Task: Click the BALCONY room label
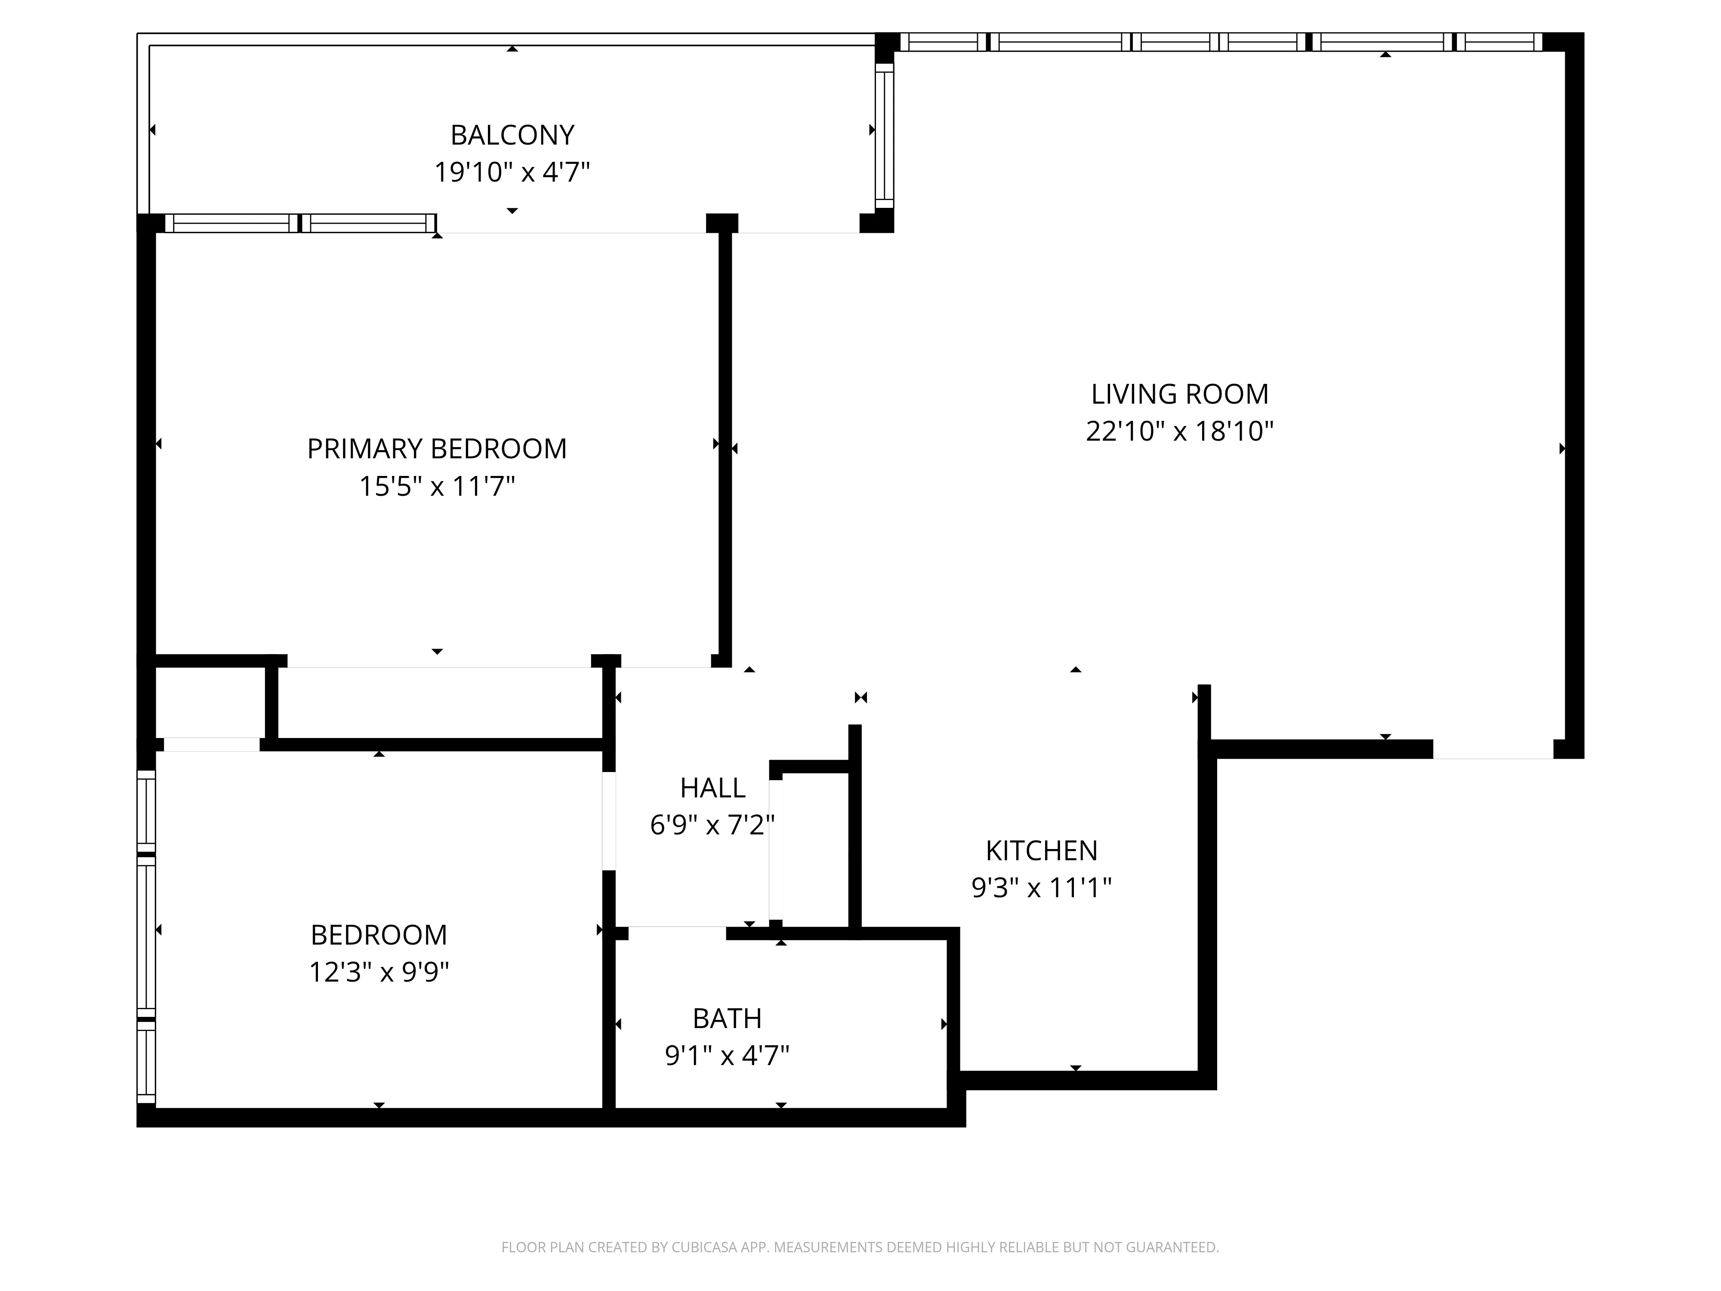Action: [x=512, y=136]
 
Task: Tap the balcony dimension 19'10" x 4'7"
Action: [x=512, y=172]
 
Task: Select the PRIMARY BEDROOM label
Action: [x=436, y=449]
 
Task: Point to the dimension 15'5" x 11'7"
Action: [x=436, y=486]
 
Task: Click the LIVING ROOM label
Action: [x=1179, y=395]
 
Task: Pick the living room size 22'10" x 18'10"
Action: [x=1179, y=431]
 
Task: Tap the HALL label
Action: [x=712, y=788]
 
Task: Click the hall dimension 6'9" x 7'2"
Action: [x=712, y=825]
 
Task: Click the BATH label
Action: [x=727, y=1019]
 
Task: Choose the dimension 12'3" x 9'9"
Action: [x=379, y=972]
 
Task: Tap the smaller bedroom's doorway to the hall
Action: [x=609, y=820]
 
